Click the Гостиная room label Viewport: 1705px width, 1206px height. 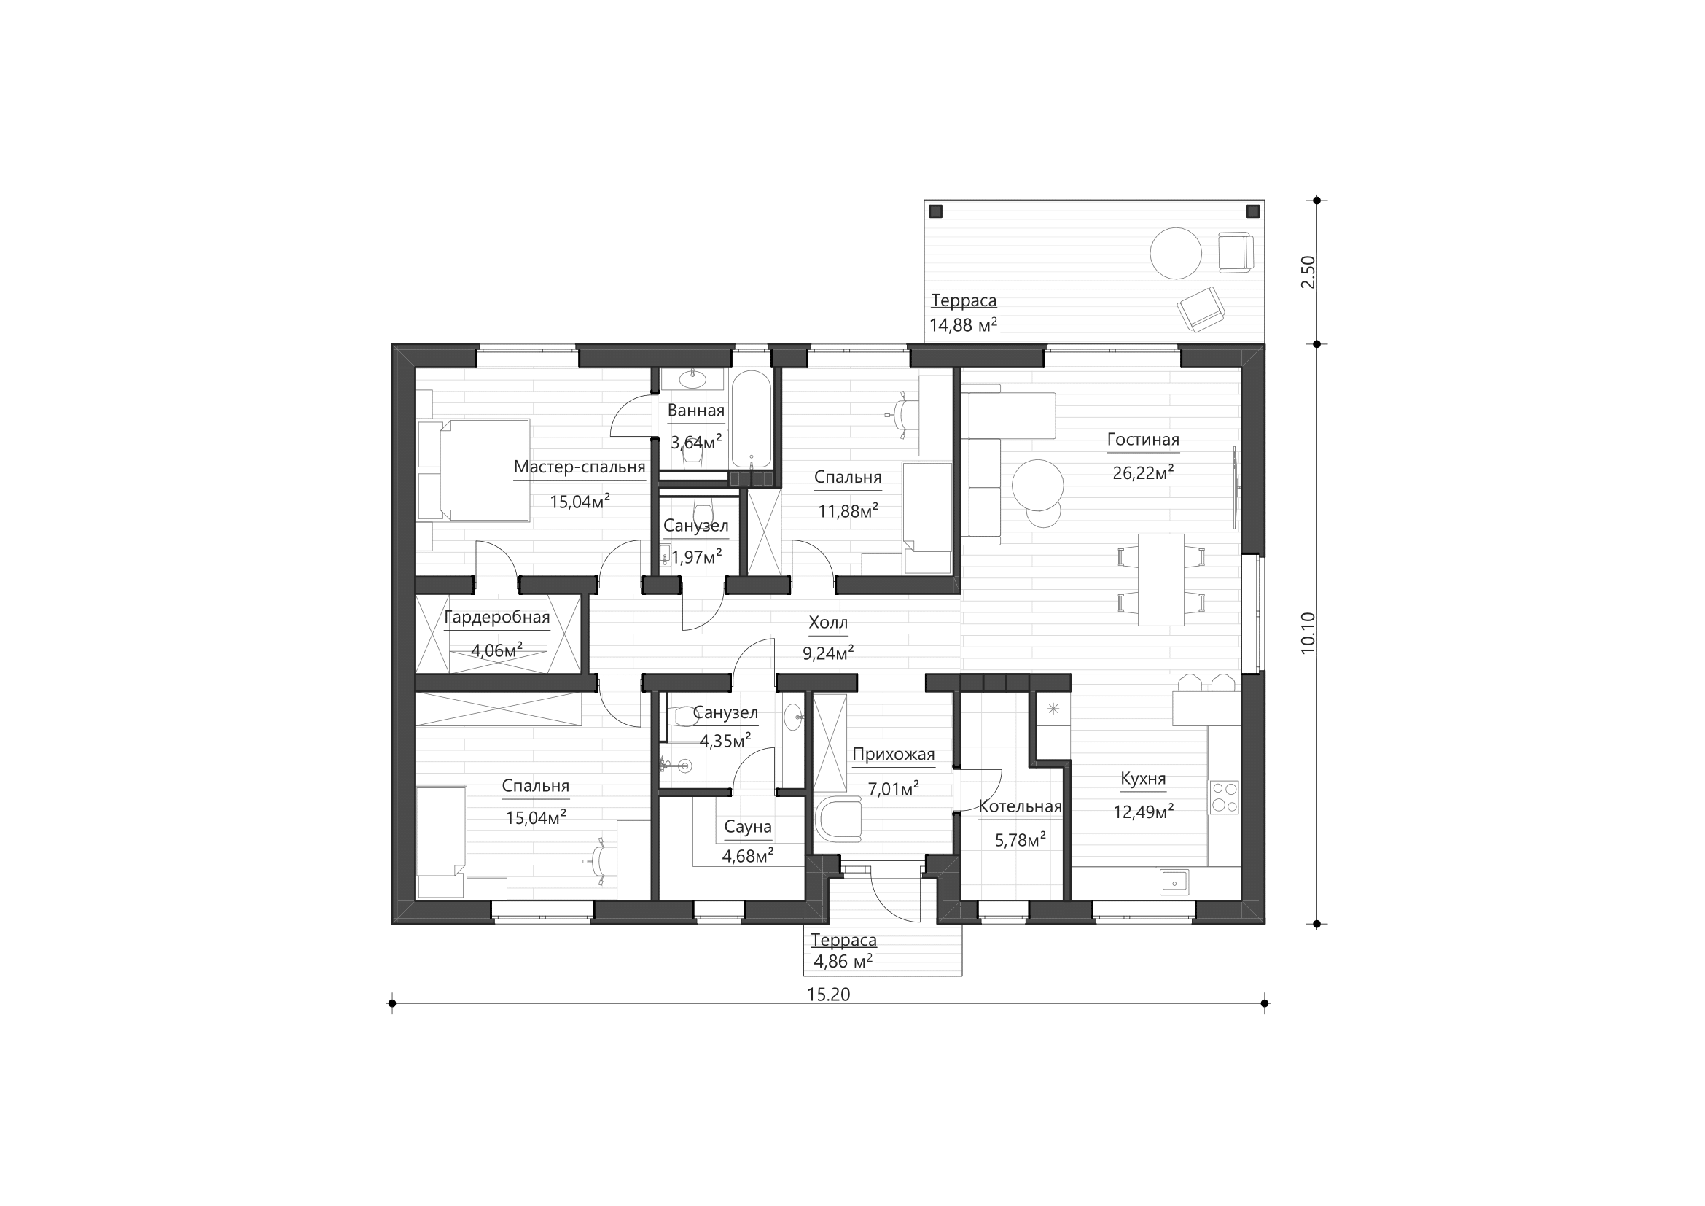(1143, 440)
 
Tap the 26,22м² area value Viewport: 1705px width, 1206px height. (1143, 472)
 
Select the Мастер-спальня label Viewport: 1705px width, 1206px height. (580, 467)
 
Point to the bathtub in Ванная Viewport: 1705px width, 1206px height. (751, 419)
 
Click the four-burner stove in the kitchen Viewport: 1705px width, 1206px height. (1225, 797)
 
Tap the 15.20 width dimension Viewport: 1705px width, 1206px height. (828, 995)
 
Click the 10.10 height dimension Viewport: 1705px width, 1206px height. (1308, 633)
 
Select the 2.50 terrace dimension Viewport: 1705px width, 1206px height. (1308, 272)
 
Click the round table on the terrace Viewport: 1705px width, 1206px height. (1176, 252)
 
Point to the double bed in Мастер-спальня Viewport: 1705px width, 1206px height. (474, 470)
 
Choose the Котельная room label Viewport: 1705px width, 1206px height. (1021, 806)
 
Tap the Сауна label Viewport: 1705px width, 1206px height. (748, 827)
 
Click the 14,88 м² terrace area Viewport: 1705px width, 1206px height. (963, 324)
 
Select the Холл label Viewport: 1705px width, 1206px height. (828, 622)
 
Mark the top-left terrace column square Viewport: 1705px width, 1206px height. (936, 211)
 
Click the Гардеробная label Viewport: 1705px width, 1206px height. (497, 617)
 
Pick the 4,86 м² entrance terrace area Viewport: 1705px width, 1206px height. (843, 962)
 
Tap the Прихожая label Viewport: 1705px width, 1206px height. (894, 755)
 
